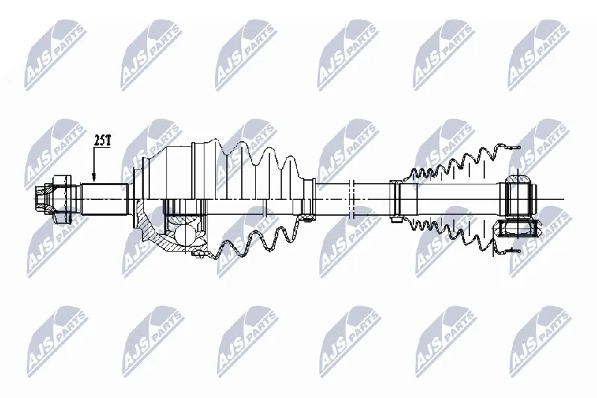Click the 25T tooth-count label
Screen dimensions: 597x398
click(x=102, y=141)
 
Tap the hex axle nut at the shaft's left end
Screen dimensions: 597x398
click(x=61, y=199)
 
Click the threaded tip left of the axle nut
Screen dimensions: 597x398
click(x=40, y=199)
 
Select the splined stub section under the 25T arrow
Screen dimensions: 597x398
click(x=103, y=199)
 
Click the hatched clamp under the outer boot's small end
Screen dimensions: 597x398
click(x=306, y=218)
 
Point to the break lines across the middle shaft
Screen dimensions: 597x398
click(x=351, y=199)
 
